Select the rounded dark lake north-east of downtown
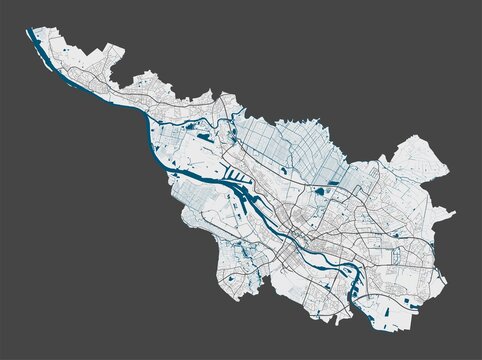322,189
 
